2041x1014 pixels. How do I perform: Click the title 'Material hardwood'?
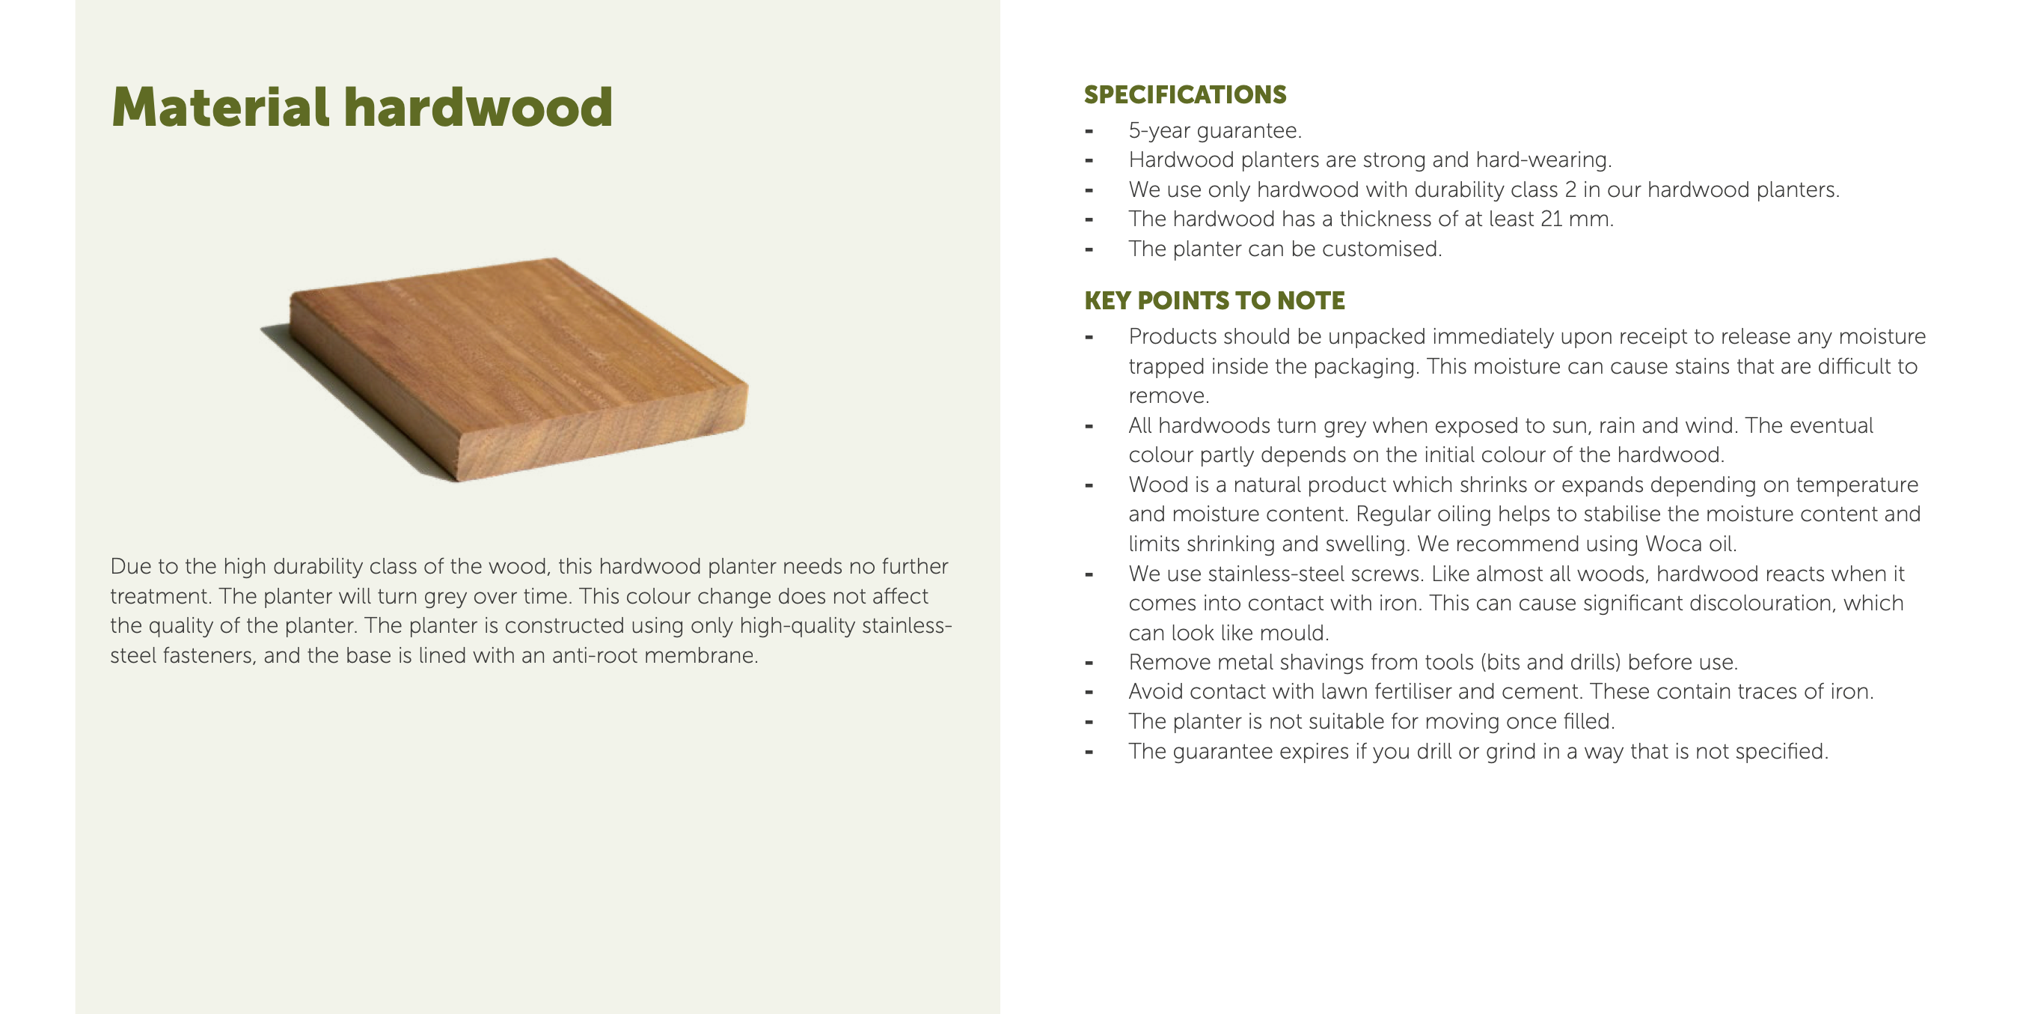point(362,107)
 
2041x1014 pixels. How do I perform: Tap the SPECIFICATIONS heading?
point(1184,94)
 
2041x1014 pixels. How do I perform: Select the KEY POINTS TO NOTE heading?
point(1214,300)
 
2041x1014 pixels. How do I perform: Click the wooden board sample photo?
point(505,369)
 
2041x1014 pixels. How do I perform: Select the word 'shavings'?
point(1321,663)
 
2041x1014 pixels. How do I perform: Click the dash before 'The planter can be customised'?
point(1089,249)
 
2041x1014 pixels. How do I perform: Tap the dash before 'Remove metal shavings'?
point(1089,663)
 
